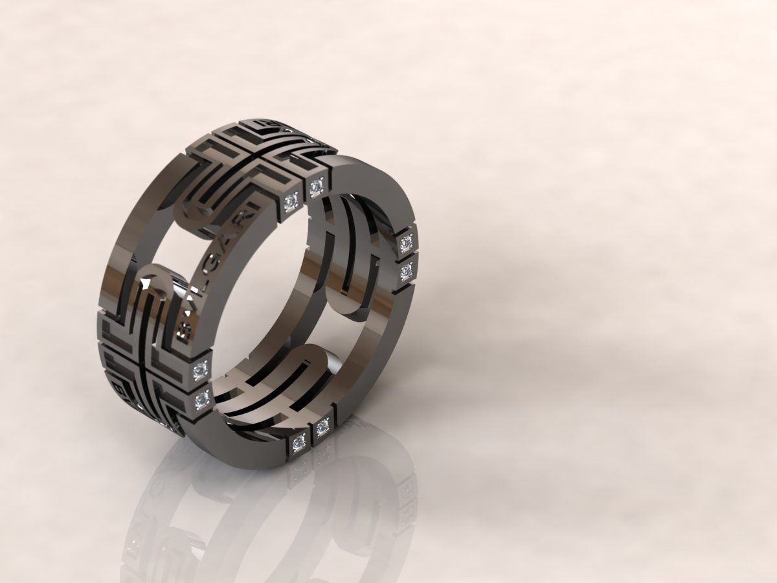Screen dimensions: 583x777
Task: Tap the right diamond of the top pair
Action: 316,188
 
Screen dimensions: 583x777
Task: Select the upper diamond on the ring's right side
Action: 407,243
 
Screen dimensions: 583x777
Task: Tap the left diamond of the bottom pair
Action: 298,442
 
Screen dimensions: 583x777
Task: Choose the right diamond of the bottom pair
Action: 322,428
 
